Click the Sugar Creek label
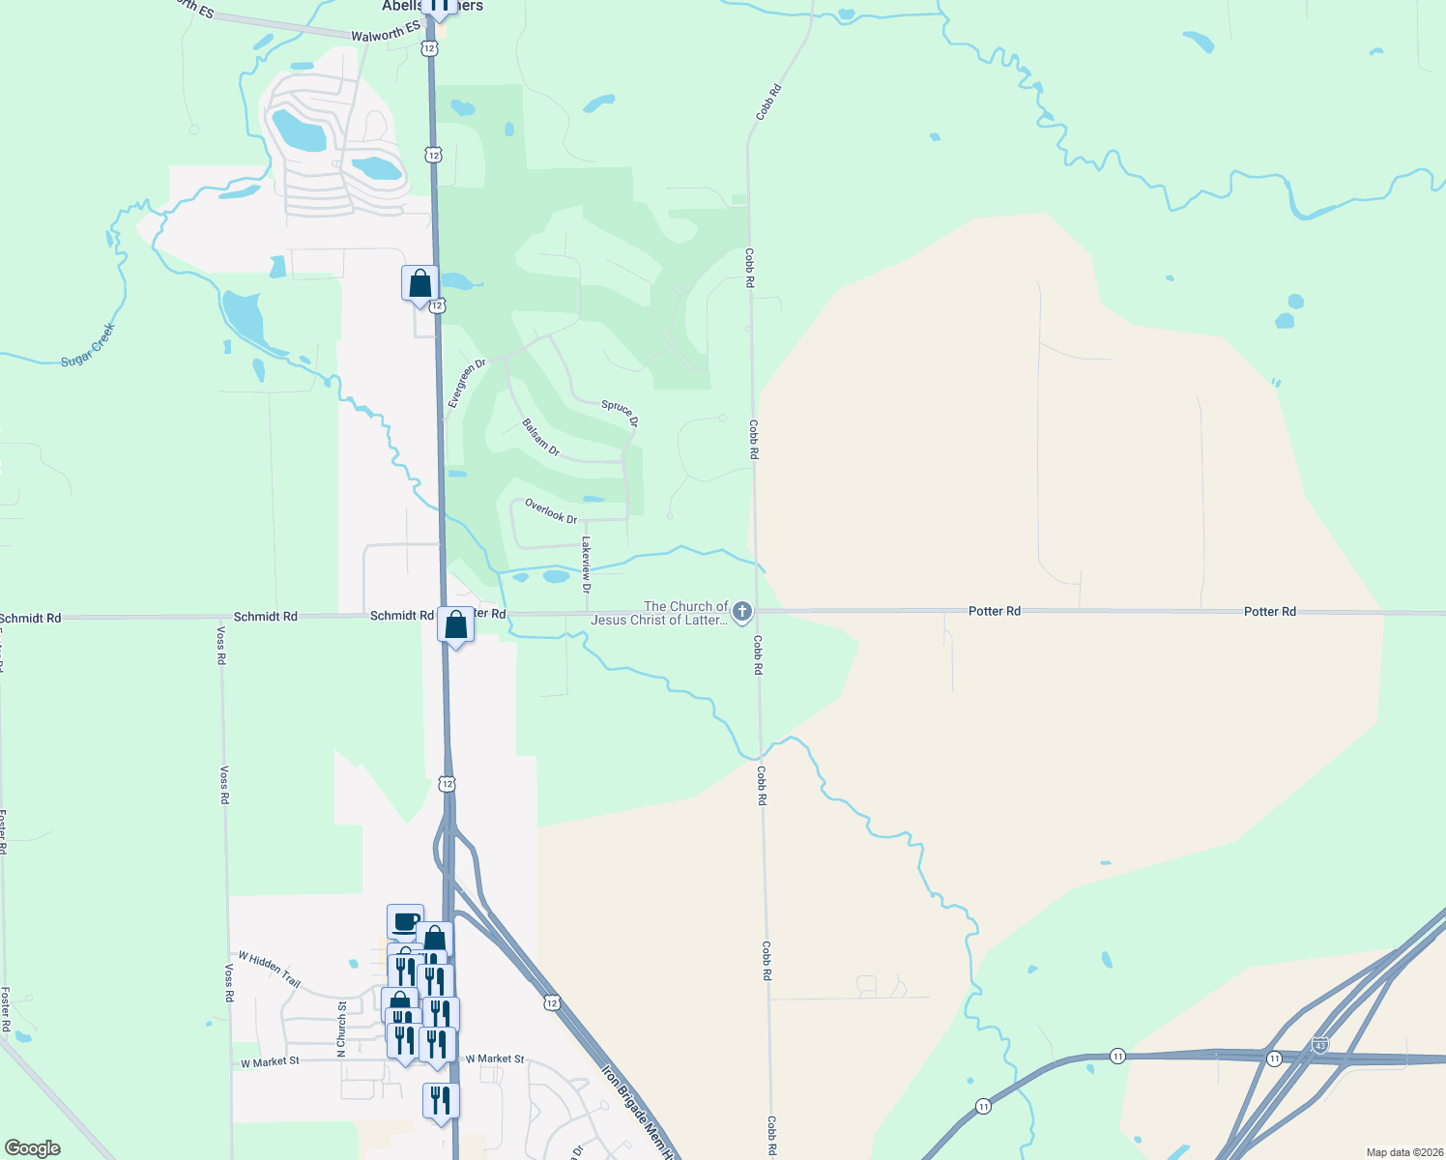click(88, 345)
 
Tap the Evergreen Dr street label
click(467, 384)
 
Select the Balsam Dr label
click(540, 437)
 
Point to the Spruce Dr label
click(620, 413)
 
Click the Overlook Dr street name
click(551, 511)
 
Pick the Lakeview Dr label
click(585, 565)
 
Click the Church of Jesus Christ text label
click(660, 613)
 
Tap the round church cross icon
click(742, 611)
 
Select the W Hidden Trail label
click(270, 969)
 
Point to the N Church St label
click(341, 1029)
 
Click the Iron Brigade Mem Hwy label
click(638, 1112)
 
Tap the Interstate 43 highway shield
click(1320, 1045)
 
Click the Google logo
click(33, 1148)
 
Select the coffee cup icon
click(405, 921)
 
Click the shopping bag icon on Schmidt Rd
click(456, 625)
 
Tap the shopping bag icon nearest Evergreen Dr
click(419, 284)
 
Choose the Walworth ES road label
click(386, 34)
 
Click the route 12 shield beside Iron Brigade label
click(551, 1003)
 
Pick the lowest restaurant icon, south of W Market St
click(441, 1101)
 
